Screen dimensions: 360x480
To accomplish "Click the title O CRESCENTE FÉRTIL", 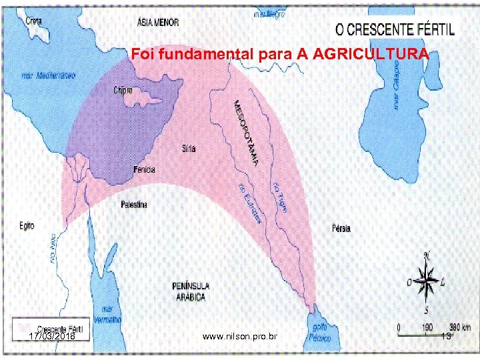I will coord(396,29).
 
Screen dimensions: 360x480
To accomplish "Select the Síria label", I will coord(189,149).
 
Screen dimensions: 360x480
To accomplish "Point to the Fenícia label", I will coord(144,170).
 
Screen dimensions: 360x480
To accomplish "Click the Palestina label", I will coord(134,204).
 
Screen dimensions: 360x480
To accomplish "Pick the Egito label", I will coord(27,227).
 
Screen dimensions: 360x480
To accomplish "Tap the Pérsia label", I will coord(340,229).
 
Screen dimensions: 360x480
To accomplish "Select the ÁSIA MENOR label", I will coord(157,22).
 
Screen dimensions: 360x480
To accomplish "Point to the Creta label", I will coord(33,21).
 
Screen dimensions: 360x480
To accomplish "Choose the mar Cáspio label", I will coord(397,83).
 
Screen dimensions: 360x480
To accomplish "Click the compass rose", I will coord(427,281).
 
